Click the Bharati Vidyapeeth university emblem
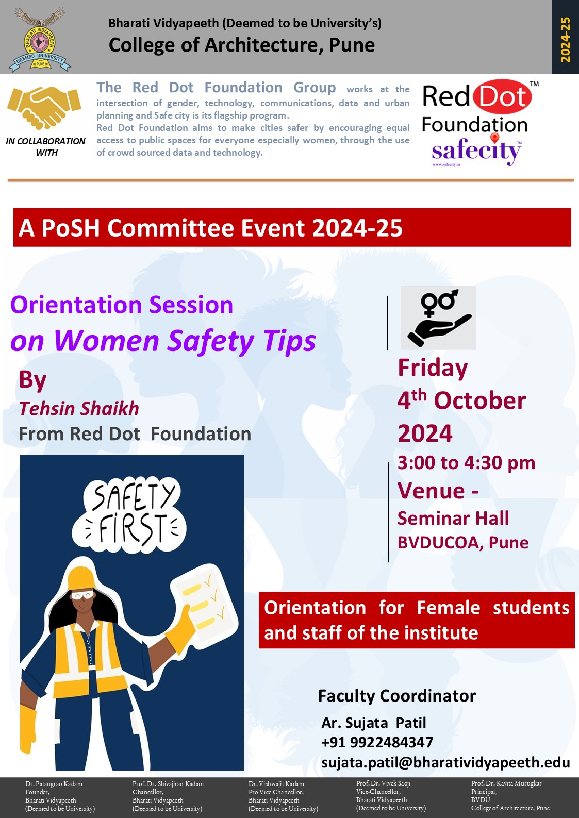click(40, 40)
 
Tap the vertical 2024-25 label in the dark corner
click(565, 39)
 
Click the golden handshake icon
click(44, 107)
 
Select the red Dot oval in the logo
click(502, 96)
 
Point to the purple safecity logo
click(476, 151)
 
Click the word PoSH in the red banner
click(71, 228)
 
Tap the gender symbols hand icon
click(438, 318)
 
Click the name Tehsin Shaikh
click(79, 408)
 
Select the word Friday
click(433, 368)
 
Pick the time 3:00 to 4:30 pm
click(466, 462)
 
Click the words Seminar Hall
click(453, 518)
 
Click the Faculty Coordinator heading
click(396, 695)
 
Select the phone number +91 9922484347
click(377, 742)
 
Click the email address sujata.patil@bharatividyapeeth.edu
click(445, 762)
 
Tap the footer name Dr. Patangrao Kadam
click(54, 784)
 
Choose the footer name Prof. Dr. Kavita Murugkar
click(506, 783)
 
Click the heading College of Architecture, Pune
click(241, 45)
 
